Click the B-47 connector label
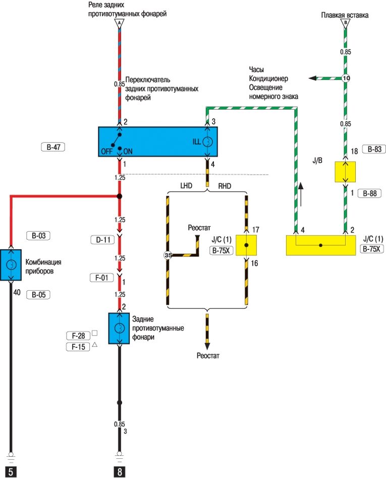(53, 148)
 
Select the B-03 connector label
(39, 236)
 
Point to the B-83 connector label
(374, 149)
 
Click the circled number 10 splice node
(346, 78)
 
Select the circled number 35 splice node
(168, 255)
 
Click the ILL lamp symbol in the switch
(207, 143)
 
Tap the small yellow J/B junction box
(346, 172)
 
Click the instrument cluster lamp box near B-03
(11, 264)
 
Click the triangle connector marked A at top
(120, 23)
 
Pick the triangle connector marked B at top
(346, 23)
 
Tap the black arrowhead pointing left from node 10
(313, 78)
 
